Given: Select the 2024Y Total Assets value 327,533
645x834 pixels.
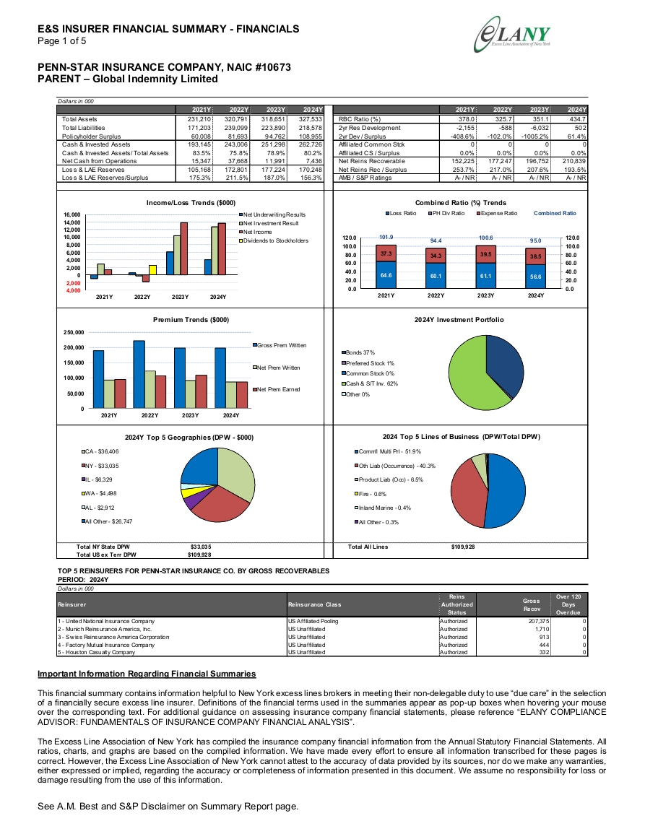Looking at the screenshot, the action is [311, 119].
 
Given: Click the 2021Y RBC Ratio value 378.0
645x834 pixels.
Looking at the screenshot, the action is [466, 119].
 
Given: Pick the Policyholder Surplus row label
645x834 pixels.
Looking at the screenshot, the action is [91, 136].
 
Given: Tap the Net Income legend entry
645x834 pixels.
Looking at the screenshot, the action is [256, 232].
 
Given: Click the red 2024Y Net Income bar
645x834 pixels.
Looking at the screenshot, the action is [222, 248].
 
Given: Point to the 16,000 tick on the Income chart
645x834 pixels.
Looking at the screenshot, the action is [72, 214].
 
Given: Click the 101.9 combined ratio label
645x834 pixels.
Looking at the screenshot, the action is [386, 238].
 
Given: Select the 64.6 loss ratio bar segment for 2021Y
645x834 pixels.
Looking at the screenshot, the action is [386, 275].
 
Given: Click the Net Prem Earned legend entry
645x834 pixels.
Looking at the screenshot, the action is [276, 389].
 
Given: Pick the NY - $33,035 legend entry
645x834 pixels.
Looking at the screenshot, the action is [100, 466].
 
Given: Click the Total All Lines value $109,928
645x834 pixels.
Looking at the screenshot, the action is [463, 547].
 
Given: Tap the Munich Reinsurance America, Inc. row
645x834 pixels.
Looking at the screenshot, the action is [322, 629].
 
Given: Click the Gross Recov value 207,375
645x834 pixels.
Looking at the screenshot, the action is [539, 621].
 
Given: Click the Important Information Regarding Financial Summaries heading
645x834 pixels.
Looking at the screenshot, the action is [147, 674].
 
